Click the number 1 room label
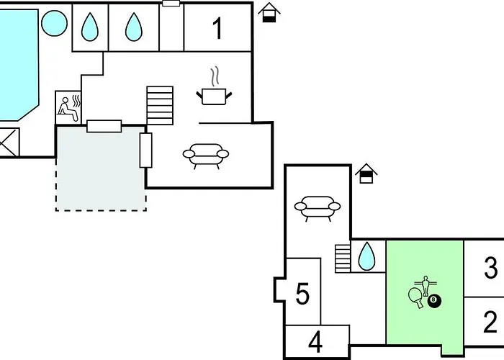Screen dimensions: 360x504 click(217, 29)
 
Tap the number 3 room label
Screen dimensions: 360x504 click(490, 269)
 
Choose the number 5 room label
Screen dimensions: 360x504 click(303, 294)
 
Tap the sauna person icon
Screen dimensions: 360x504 click(69, 107)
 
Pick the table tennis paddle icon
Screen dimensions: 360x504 click(415, 297)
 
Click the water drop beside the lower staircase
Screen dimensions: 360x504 click(367, 255)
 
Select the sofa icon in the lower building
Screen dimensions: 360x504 click(318, 207)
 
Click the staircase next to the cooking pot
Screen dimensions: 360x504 click(160, 105)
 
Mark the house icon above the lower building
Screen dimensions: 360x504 click(368, 174)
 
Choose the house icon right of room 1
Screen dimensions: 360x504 click(269, 12)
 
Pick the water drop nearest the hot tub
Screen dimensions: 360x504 click(89, 27)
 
